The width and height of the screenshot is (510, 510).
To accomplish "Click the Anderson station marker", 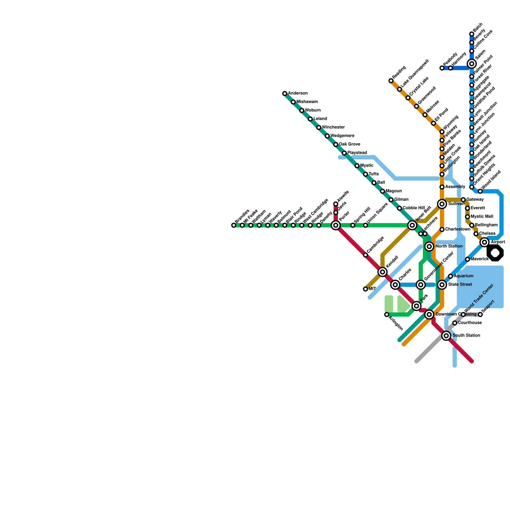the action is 285,93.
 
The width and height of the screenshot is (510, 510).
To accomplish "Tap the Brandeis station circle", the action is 234,225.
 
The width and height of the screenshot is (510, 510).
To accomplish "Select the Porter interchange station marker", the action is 336,225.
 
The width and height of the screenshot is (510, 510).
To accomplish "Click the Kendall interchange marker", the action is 382,272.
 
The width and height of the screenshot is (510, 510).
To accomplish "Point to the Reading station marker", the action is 391,81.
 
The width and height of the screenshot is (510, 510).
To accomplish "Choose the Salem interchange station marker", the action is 472,64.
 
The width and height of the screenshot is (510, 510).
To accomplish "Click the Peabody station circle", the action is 442,68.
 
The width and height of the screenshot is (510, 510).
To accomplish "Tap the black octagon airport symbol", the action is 495,253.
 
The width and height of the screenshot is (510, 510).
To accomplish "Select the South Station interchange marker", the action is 446,336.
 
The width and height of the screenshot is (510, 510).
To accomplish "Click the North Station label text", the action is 449,246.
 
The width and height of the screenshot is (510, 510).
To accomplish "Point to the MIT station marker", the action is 365,289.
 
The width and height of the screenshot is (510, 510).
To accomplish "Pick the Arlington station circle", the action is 387,315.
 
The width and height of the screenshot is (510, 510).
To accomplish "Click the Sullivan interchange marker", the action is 442,204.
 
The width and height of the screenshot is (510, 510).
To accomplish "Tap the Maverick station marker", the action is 467,259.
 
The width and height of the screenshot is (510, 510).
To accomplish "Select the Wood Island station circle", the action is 480,191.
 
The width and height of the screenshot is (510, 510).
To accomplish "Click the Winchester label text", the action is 333,127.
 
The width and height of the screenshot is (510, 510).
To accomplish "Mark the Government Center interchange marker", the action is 421,285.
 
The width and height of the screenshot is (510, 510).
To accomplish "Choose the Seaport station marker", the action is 480,315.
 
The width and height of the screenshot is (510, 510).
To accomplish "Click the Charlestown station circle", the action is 442,229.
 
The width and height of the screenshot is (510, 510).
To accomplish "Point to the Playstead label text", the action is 357,153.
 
